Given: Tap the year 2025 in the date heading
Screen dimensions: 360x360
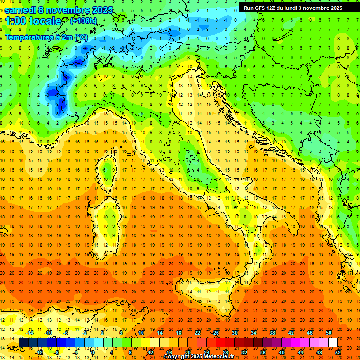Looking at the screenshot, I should (100, 9).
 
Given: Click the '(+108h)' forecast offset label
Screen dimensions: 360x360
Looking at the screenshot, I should (84, 21).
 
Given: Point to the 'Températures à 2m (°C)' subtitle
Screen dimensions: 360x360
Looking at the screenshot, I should (46, 37).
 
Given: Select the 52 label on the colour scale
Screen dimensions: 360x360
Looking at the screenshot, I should (338, 352).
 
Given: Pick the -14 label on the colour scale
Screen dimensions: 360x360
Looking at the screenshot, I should (30, 333).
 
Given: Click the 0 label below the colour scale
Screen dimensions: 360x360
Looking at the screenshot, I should (92, 352).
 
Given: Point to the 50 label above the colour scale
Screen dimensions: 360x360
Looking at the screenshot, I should (329, 333).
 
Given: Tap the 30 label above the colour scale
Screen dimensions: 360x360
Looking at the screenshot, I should (234, 333).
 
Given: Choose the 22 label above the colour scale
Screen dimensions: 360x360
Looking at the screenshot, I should (197, 333).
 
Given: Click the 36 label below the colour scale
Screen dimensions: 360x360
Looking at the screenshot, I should (262, 352).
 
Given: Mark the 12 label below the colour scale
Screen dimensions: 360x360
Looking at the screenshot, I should (150, 352).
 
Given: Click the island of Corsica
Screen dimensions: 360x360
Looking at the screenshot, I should (109, 172).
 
